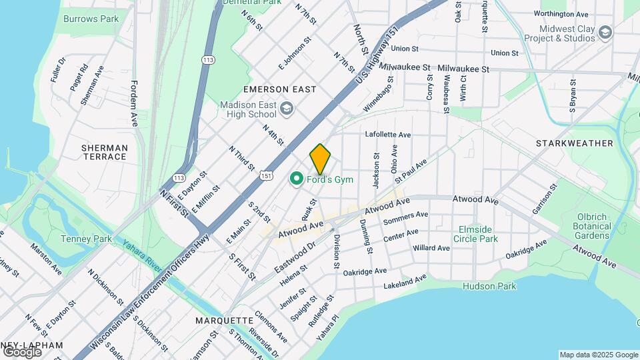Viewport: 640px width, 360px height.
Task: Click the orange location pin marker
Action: click(x=320, y=159)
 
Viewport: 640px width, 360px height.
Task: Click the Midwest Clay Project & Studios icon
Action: click(x=605, y=32)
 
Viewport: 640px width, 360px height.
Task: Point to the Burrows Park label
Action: click(x=91, y=19)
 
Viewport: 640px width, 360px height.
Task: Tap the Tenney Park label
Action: click(x=80, y=239)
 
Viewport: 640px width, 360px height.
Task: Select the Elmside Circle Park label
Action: click(x=478, y=233)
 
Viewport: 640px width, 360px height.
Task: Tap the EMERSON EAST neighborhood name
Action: click(x=275, y=89)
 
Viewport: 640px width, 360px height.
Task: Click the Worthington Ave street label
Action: click(x=561, y=13)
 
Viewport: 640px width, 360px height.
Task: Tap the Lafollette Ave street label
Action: click(x=387, y=134)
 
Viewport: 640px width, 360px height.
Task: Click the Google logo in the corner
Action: click(x=22, y=351)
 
